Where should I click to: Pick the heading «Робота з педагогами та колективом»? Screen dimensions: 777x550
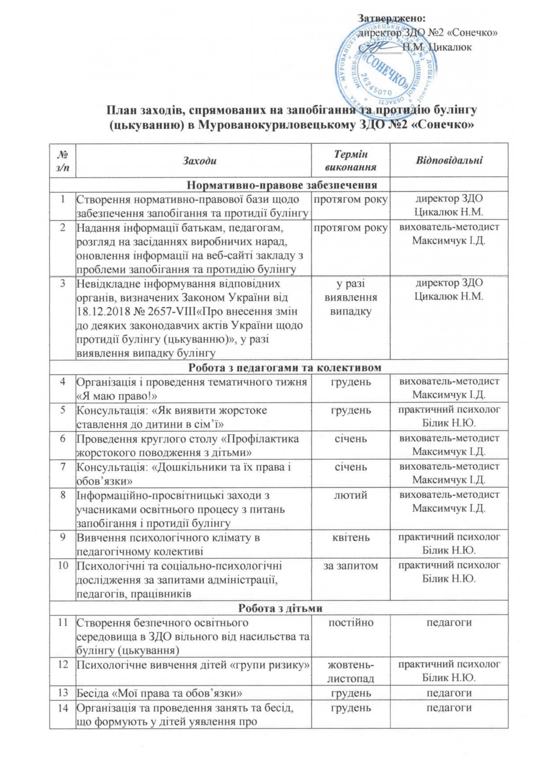[x=287, y=368]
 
